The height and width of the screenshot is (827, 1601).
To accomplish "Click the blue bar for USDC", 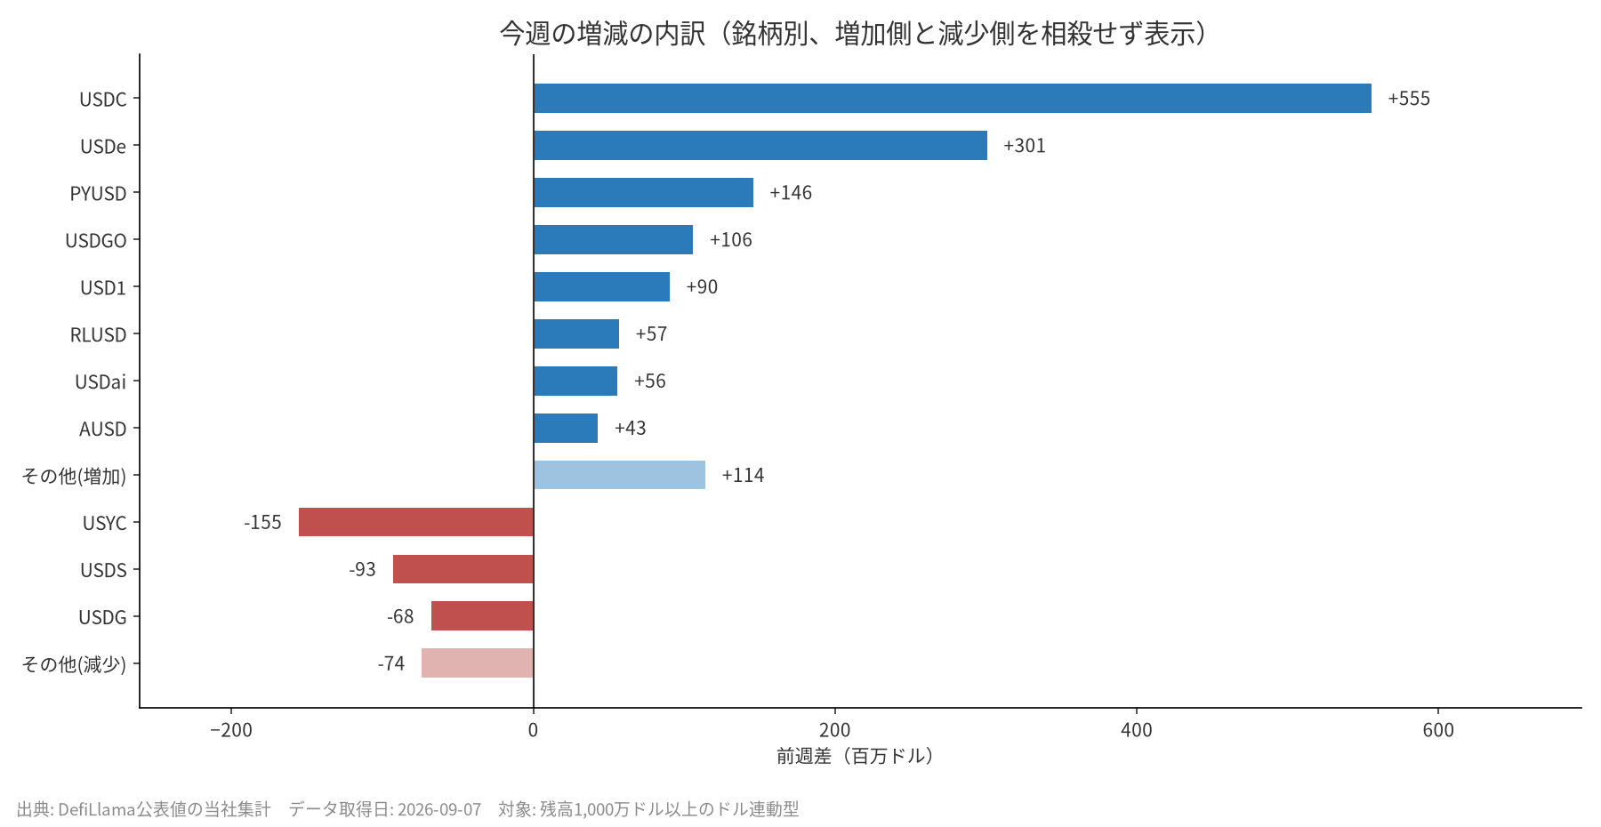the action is coord(953,99).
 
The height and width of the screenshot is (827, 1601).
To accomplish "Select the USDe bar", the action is coord(760,146).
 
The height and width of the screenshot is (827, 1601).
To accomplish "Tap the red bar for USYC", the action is coord(416,522).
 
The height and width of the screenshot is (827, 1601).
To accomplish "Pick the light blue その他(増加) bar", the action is coord(619,475).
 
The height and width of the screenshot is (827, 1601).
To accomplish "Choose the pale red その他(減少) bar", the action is coord(478,663).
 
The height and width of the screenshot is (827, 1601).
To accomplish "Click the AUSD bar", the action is coord(566,428).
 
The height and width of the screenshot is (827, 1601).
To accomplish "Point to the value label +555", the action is coord(1409,99).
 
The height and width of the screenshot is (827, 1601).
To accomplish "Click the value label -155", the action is coord(262,522).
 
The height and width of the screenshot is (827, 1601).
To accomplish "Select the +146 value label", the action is coord(791,193).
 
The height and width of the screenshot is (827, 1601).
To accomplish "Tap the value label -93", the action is coord(362,569).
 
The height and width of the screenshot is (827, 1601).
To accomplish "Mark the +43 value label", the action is coord(631,428).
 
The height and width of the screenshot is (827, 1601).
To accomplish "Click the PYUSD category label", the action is coord(99,193).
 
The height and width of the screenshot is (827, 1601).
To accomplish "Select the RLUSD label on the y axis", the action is coord(99,334).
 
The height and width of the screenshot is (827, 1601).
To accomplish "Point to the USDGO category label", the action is coord(96,240).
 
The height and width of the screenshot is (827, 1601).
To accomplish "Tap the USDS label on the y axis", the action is coord(104,569).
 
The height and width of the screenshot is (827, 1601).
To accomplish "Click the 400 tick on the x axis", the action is coord(1137,730).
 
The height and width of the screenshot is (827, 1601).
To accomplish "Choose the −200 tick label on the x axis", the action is coord(231,730).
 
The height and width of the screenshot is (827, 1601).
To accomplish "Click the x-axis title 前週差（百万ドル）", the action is coord(856,756).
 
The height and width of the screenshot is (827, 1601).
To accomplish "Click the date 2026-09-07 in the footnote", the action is coord(439,809).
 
